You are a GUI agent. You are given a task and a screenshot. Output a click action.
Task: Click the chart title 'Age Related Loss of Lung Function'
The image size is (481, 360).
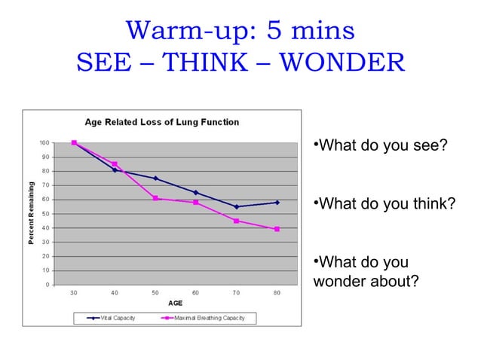pos(161,122)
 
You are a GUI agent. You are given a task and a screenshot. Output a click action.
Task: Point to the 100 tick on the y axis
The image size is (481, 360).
pos(44,143)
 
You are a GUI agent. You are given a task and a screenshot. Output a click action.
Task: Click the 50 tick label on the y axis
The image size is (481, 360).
pos(46,214)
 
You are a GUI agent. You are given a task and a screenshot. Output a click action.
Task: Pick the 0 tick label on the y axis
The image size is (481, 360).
pos(48,285)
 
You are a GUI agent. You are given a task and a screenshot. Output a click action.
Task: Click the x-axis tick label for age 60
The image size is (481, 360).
pos(195,292)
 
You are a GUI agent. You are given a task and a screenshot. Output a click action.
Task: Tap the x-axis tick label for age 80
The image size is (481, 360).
pos(277,292)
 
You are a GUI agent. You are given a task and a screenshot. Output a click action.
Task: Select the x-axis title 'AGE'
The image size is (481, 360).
pos(175,302)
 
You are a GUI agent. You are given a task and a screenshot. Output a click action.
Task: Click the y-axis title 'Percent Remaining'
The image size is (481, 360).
pos(32,213)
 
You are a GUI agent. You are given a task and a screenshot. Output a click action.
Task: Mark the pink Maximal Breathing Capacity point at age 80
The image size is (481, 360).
pos(277,229)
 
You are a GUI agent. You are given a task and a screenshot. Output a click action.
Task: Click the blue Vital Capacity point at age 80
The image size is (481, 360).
pos(277,203)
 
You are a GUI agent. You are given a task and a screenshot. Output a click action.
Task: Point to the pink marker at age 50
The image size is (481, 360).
pos(155,198)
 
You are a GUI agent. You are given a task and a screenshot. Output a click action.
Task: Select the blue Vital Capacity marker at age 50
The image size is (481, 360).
pos(155,178)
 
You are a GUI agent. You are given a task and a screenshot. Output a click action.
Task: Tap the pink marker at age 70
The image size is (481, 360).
pos(236,221)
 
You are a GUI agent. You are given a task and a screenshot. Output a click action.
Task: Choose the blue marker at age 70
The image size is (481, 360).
pos(236,206)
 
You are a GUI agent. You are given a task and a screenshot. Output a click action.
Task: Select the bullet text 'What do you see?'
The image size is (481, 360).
pos(381,144)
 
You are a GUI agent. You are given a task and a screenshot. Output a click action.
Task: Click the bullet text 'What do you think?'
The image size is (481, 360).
pos(384,203)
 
